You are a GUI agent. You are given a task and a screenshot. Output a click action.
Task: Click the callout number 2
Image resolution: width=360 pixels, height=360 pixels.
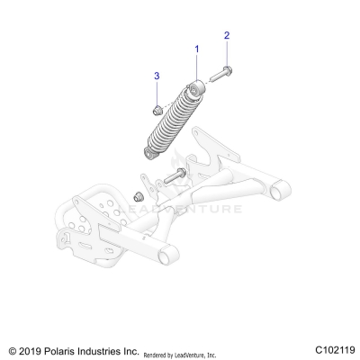click(227, 35)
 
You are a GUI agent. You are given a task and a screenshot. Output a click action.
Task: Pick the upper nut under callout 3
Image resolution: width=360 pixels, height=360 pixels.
click(156, 110)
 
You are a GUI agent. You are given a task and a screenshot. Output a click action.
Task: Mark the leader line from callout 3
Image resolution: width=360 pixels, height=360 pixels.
click(157, 91)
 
